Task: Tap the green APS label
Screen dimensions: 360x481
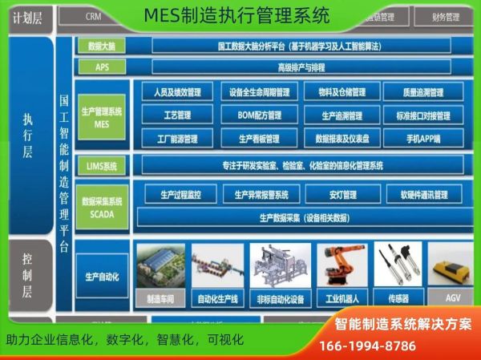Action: tap(102, 67)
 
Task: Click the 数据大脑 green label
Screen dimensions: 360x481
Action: tap(102, 46)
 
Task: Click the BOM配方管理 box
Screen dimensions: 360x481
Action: tap(260, 115)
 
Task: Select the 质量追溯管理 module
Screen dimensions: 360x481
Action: tap(424, 92)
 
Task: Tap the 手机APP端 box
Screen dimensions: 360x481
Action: tap(424, 138)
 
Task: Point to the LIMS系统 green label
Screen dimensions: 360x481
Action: tap(102, 167)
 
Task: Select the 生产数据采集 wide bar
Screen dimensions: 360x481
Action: tap(303, 216)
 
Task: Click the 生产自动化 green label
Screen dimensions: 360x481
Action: tap(102, 277)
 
